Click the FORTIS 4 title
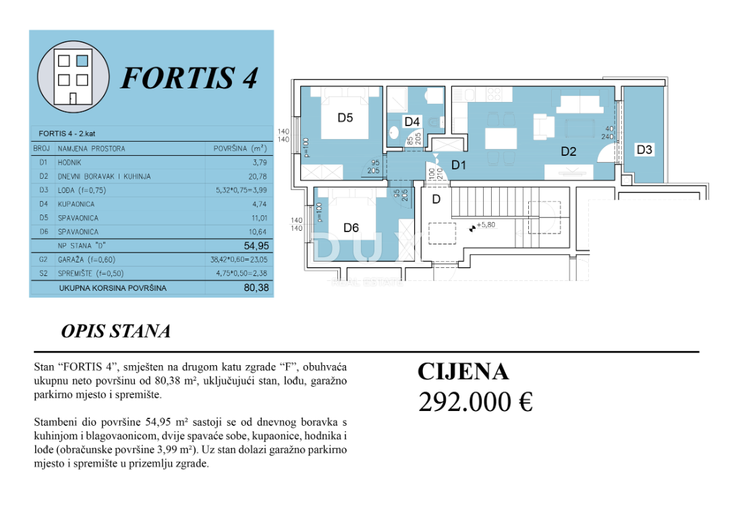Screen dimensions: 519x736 pyautogui.click(x=189, y=78)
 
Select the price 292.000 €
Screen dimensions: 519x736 pyautogui.click(x=476, y=402)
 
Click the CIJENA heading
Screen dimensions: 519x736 pyautogui.click(x=463, y=372)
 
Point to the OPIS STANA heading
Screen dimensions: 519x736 pyautogui.click(x=115, y=331)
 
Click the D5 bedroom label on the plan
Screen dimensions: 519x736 pyautogui.click(x=345, y=117)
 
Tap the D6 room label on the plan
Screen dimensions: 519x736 pyautogui.click(x=351, y=227)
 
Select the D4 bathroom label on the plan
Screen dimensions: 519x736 pyautogui.click(x=412, y=121)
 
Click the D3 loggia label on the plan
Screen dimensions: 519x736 pyautogui.click(x=644, y=150)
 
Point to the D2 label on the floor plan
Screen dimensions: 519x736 pyautogui.click(x=569, y=152)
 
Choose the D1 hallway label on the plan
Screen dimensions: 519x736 pyautogui.click(x=459, y=164)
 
